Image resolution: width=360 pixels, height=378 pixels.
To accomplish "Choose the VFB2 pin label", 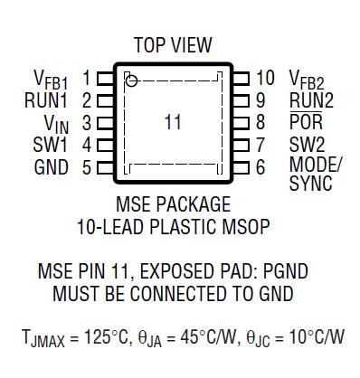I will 308,80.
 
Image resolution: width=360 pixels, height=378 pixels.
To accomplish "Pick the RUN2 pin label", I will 310,100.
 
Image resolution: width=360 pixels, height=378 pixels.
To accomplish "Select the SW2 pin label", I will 307,144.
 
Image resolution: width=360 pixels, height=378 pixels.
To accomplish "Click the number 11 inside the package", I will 174,122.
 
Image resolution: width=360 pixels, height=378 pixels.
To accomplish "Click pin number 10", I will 265,78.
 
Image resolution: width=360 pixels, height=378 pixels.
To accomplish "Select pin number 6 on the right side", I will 261,166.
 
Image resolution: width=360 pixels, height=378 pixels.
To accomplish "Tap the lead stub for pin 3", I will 105,122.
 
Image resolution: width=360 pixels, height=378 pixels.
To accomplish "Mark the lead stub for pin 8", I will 240,122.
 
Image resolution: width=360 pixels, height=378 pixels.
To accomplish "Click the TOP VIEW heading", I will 173,45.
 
